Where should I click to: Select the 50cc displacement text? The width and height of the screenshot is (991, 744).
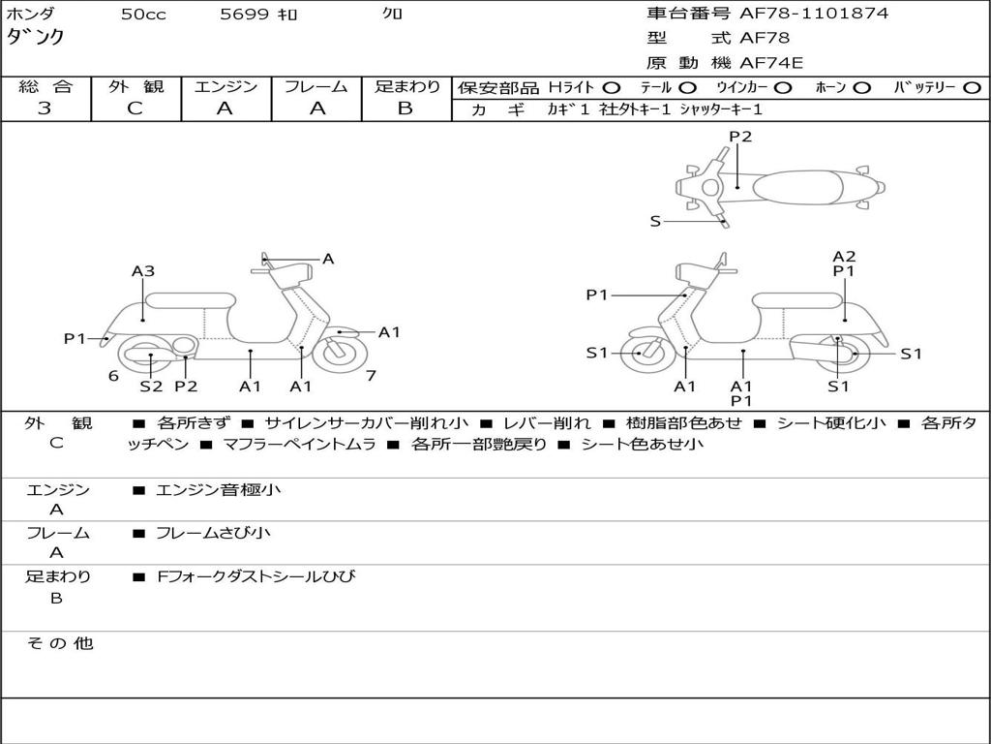(x=143, y=15)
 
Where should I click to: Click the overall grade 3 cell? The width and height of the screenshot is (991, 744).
(x=45, y=108)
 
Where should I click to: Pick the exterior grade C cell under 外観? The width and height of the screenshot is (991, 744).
(x=135, y=108)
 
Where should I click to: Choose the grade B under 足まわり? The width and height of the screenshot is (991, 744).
(x=405, y=108)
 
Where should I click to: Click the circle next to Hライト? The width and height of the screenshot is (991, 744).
(x=612, y=87)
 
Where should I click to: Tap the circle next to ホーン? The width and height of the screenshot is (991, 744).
(x=862, y=87)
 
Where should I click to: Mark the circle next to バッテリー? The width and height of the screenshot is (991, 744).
(x=972, y=87)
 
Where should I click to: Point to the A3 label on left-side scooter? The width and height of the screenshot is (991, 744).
(x=143, y=271)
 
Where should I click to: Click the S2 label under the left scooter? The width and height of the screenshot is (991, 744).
(x=151, y=387)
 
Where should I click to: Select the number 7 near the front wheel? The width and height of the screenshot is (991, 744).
(x=371, y=376)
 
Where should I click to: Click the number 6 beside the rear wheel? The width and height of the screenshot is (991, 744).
(x=113, y=376)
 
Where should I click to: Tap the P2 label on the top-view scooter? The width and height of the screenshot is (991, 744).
(x=740, y=137)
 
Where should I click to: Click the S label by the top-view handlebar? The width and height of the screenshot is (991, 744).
(x=655, y=221)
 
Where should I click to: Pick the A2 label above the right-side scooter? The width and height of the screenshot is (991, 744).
(x=844, y=257)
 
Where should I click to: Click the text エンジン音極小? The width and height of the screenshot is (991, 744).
(x=219, y=490)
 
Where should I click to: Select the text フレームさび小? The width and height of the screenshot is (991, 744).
(x=213, y=533)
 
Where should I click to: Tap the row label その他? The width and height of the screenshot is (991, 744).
(x=59, y=643)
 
